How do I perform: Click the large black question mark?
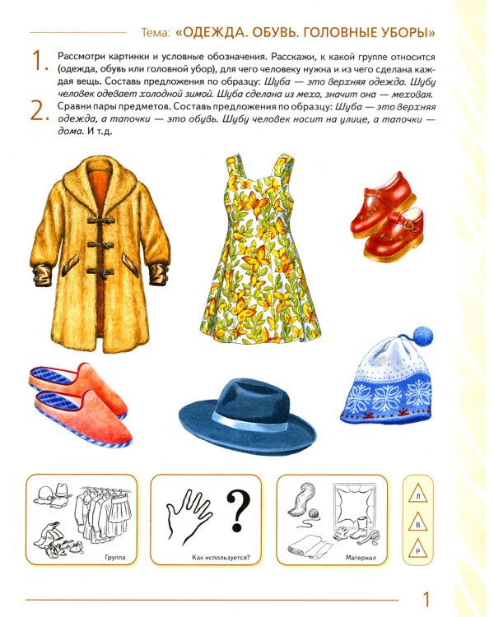[x=238, y=510]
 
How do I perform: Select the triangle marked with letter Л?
[x=418, y=495]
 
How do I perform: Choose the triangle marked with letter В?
[x=418, y=523]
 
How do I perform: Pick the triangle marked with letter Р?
[x=418, y=550]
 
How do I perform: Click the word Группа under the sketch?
[x=115, y=557]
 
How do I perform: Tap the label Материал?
[x=361, y=558]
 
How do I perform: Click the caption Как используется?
[x=221, y=558]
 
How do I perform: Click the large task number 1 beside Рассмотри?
[x=39, y=61]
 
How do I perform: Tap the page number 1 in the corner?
[x=426, y=599]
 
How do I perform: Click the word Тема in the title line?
[x=156, y=33]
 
